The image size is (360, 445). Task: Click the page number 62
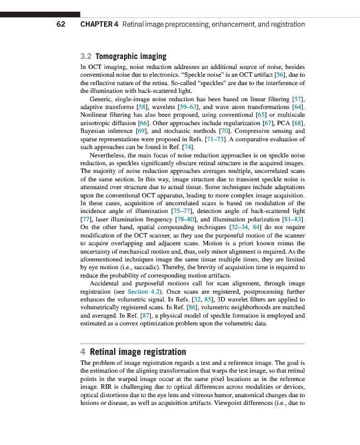[61, 24]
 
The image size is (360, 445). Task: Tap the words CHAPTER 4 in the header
[99, 24]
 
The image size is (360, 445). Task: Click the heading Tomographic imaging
[131, 56]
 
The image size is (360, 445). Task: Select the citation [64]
[298, 106]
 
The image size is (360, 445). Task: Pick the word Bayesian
[94, 131]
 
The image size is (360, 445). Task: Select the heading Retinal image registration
[137, 352]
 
